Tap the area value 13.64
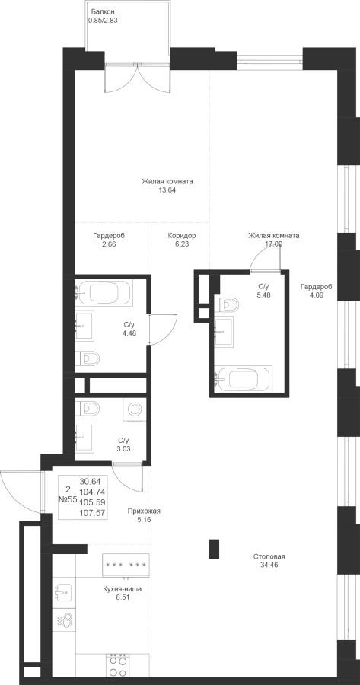167,190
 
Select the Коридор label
182,236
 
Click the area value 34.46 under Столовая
269,565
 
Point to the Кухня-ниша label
123,589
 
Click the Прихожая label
144,511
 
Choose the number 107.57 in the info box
93,513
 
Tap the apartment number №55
68,500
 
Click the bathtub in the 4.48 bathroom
104,293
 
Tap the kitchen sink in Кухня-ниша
63,592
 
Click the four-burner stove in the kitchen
116,665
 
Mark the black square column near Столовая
214,549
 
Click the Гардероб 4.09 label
317,291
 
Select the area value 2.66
109,244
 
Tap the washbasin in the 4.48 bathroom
84,326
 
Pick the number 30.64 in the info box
91,482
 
